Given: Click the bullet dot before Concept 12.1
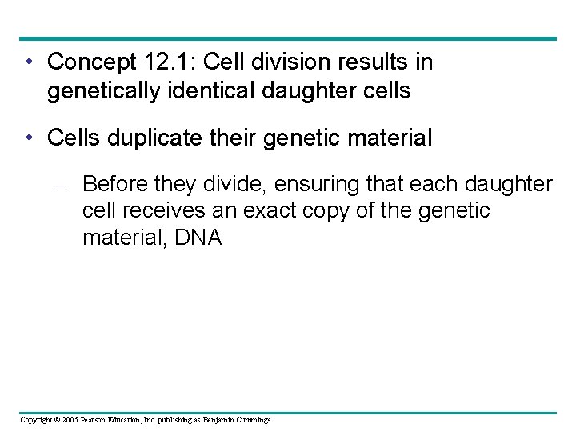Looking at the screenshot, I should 29,62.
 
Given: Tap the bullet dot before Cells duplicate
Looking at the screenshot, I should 29,138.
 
